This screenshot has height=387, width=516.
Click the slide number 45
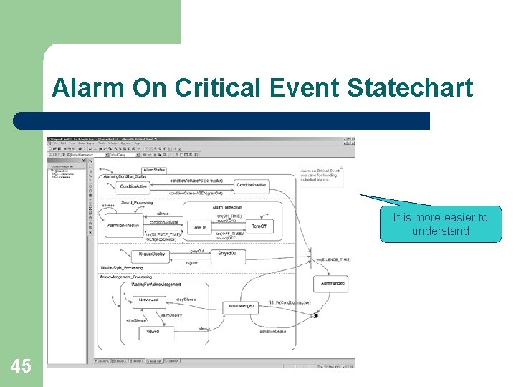(x=21, y=366)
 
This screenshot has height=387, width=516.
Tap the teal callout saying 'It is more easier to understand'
(x=441, y=224)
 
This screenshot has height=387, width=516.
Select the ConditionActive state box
(x=134, y=186)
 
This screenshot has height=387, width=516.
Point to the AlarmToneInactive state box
(x=123, y=226)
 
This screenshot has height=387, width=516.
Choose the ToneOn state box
(x=199, y=227)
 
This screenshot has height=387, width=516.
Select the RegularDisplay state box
(x=152, y=254)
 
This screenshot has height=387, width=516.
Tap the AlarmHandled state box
(x=333, y=285)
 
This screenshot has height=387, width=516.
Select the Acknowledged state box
(x=241, y=305)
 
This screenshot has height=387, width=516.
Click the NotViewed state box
(x=148, y=300)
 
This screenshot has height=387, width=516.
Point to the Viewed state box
(x=153, y=331)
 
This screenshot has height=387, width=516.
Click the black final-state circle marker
(x=315, y=315)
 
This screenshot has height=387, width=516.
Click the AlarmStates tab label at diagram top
(x=154, y=170)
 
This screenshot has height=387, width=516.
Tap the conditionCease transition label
(x=273, y=332)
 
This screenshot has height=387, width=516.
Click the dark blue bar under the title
(x=221, y=120)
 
